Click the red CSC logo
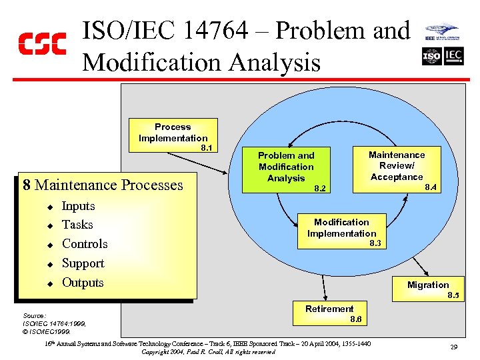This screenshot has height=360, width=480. pos(41,43)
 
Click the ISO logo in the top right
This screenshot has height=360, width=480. pos(432,57)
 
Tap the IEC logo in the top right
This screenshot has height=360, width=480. pos(453,57)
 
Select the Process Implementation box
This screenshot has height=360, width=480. pos(173,133)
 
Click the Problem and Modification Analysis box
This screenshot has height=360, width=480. pos(286,167)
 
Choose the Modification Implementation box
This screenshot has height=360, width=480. pos(341,229)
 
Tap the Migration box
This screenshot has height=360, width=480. pos(428,285)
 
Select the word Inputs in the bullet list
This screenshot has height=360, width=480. pos(78,206)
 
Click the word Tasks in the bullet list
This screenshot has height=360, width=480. pos(77,225)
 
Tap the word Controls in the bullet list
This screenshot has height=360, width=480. pos(85,244)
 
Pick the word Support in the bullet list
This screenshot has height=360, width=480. pos(83,263)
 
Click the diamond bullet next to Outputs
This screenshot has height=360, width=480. pos(49,283)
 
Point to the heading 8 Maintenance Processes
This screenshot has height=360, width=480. pos(102,185)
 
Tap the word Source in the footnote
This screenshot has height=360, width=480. pos(33,315)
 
